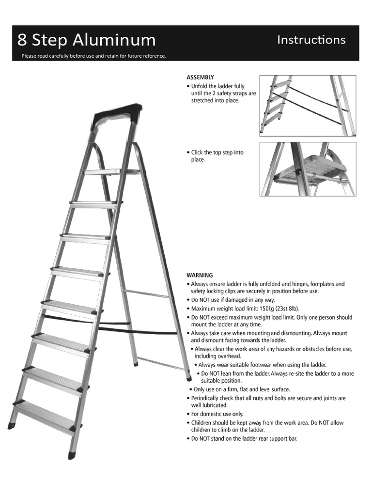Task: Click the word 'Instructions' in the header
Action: pos(311,40)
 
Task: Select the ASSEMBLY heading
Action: pos(200,77)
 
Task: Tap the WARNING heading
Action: pos(200,275)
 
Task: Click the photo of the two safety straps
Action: pos(308,105)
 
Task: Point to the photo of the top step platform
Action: pos(308,169)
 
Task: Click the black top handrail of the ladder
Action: pos(117,115)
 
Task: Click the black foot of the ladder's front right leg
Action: pos(72,455)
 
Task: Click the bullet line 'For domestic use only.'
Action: pos(217,414)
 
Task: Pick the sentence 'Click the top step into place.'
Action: pos(217,155)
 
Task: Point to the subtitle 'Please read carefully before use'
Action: pos(93,56)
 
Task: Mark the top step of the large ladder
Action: pos(103,171)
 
